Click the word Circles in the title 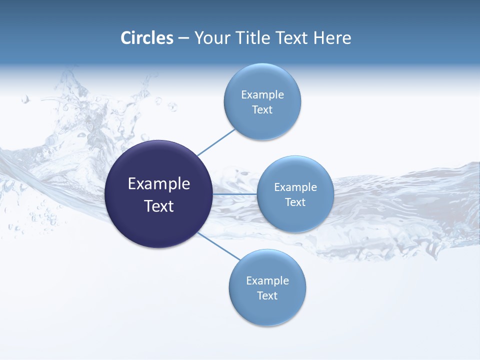(147, 38)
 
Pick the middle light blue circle (295, 217)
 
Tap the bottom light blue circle (267, 310)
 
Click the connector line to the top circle (216, 142)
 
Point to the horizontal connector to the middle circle (235, 194)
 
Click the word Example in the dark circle (159, 184)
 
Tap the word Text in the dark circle (159, 206)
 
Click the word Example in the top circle (262, 95)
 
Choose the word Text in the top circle (262, 110)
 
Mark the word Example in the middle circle (295, 187)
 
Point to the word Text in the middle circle (295, 202)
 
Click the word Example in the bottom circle (267, 281)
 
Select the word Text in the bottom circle (267, 296)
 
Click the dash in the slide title (183, 38)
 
